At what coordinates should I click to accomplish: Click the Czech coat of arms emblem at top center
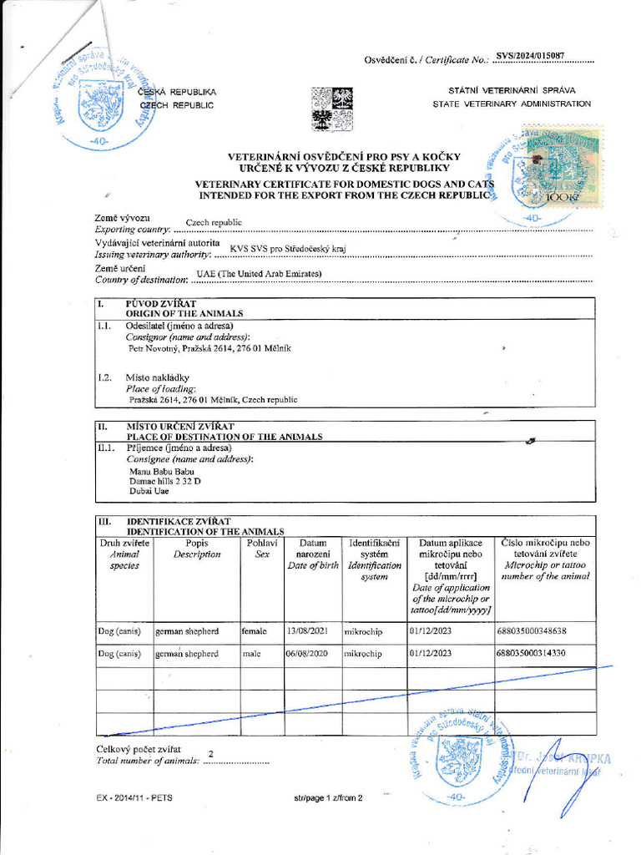(x=331, y=109)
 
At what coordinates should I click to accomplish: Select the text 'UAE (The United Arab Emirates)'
(x=259, y=274)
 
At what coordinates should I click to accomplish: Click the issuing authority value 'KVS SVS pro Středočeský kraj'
(x=287, y=248)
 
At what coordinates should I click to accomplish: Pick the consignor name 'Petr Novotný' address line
(x=209, y=348)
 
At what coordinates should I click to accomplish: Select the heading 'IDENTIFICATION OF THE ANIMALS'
(x=205, y=531)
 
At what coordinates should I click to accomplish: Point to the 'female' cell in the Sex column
(x=254, y=631)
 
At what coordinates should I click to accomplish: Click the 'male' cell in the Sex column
(x=251, y=654)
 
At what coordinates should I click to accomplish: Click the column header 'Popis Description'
(x=197, y=549)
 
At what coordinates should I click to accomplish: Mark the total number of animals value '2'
(x=210, y=754)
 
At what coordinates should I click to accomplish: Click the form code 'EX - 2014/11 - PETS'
(x=134, y=798)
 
